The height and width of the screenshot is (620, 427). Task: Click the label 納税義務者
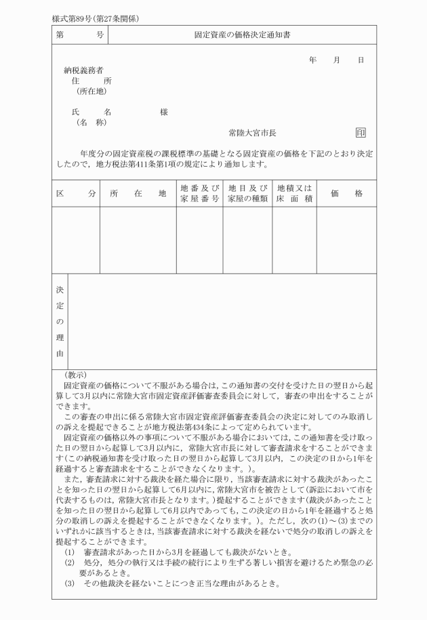coord(84,70)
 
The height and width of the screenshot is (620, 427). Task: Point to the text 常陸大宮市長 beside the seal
coord(252,133)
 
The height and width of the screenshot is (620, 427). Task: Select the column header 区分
coord(76,193)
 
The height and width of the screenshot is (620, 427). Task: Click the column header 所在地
coord(138,193)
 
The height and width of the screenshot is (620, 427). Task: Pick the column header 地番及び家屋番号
coord(199,193)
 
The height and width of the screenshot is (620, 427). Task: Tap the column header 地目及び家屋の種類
coord(247,193)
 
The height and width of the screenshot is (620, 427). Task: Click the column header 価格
coord(346,193)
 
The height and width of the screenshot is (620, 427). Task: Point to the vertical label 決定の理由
coord(60,321)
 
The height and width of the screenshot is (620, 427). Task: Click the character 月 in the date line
coord(336,60)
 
